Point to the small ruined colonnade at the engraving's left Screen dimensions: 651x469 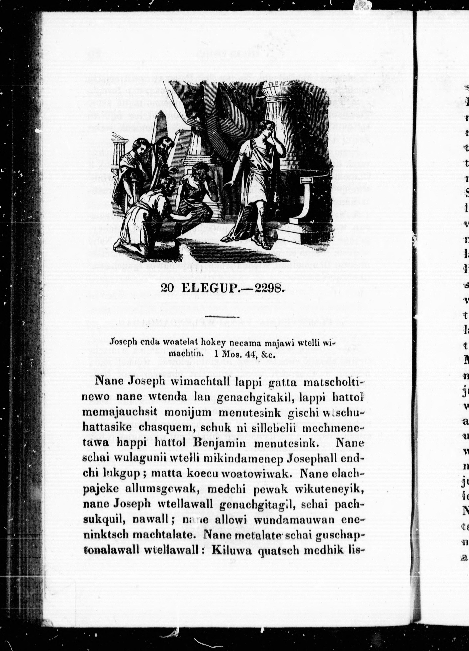click(117, 144)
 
